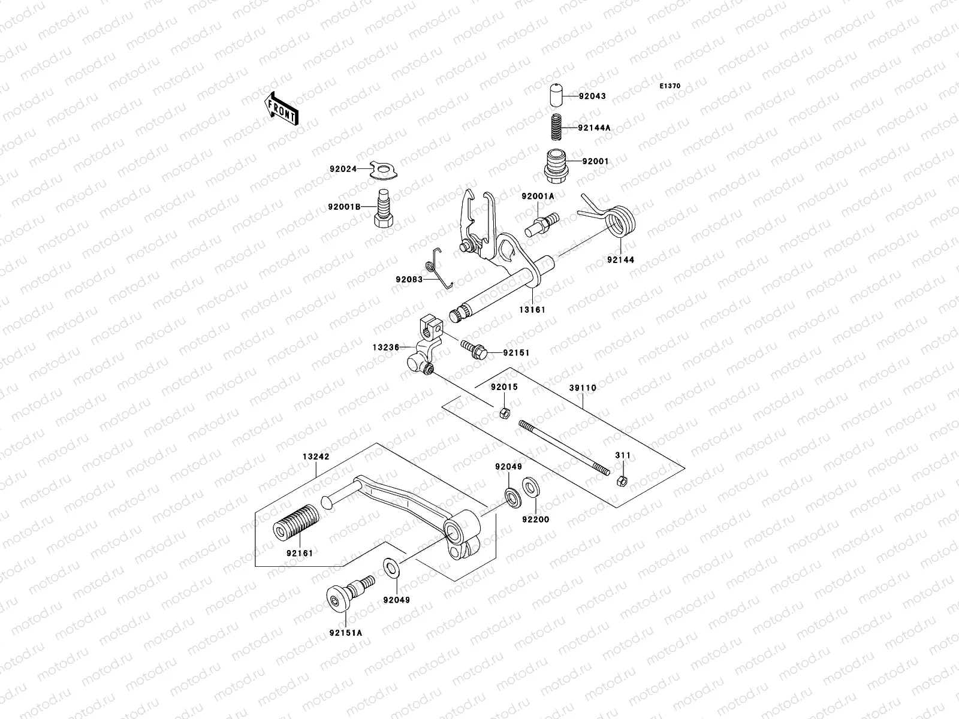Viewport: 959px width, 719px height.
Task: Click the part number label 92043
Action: coord(592,96)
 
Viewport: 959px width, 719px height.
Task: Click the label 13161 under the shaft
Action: coord(532,310)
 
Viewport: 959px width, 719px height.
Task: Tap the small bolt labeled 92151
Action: coord(474,350)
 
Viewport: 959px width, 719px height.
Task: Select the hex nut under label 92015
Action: coord(505,413)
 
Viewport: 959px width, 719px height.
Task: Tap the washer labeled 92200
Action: coord(530,487)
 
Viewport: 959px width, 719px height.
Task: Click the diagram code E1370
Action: coord(670,86)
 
